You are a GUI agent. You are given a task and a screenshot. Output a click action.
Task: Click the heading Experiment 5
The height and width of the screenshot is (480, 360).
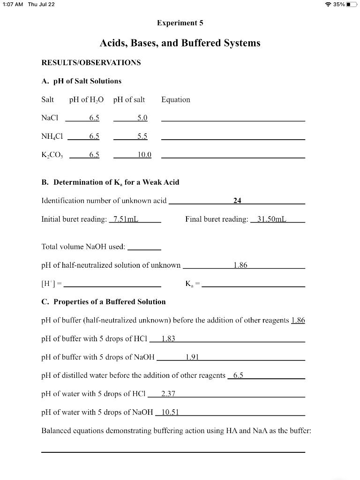pyautogui.click(x=180, y=23)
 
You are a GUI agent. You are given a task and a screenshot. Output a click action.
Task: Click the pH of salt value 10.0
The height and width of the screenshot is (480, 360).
pyautogui.click(x=144, y=155)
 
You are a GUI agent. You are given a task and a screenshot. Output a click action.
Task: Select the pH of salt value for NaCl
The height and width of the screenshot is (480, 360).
pyautogui.click(x=142, y=118)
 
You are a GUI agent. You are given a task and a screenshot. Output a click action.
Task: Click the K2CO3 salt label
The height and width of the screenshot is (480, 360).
pyautogui.click(x=52, y=155)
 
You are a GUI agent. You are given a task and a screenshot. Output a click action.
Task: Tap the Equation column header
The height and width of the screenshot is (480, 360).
pyautogui.click(x=175, y=100)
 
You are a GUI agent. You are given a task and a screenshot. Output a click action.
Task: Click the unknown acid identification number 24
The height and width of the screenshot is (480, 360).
pyautogui.click(x=237, y=201)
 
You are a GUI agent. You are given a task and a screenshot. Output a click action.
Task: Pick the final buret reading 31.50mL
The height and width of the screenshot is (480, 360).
pyautogui.click(x=272, y=219)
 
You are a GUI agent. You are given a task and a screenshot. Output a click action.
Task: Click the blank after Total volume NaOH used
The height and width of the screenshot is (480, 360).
pyautogui.click(x=144, y=247)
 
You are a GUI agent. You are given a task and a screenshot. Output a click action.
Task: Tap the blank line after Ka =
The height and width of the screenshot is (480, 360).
pyautogui.click(x=253, y=285)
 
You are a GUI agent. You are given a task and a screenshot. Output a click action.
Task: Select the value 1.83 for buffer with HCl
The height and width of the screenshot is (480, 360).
pyautogui.click(x=168, y=339)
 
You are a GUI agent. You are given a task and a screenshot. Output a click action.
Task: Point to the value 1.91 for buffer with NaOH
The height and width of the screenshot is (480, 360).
pyautogui.click(x=192, y=357)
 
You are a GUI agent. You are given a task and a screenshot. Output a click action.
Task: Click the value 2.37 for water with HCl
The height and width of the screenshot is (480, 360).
pyautogui.click(x=168, y=394)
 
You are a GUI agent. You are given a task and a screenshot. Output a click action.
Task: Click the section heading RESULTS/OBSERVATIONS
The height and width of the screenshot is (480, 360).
pyautogui.click(x=91, y=62)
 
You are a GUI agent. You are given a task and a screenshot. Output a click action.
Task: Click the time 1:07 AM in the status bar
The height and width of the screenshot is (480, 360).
pyautogui.click(x=12, y=4)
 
